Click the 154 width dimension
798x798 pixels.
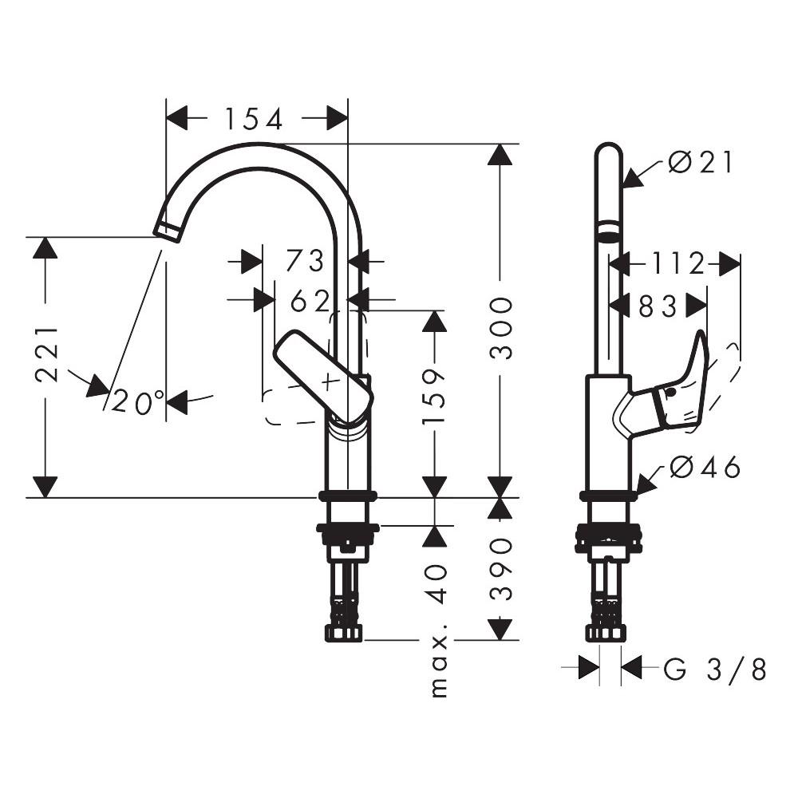tap(254, 120)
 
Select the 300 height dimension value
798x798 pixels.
tap(500, 327)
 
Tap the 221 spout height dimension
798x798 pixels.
tap(46, 354)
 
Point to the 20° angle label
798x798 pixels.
tap(138, 401)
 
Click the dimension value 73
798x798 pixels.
tap(306, 261)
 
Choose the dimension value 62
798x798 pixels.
tap(310, 301)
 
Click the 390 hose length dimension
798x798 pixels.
tap(500, 568)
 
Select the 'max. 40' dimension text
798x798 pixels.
tap(437, 630)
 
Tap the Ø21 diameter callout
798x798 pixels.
tap(701, 163)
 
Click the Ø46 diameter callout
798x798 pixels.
tap(705, 468)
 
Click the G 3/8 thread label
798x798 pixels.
tap(714, 670)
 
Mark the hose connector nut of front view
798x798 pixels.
tap(344, 633)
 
